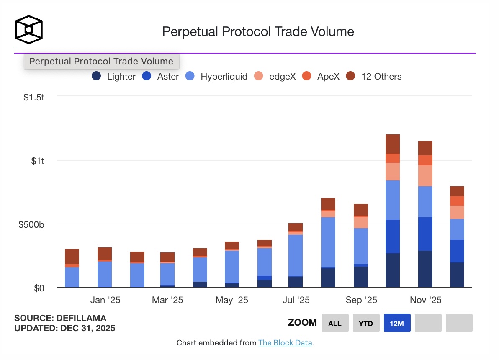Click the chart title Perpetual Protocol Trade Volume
258,31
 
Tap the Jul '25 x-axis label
296,300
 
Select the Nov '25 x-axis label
425,300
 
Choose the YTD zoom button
366,323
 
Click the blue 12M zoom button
397,323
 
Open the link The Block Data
285,343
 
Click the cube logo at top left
28,30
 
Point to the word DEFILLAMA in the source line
82,318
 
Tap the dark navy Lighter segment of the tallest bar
393,270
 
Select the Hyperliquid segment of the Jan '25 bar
105,274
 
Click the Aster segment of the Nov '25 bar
425,234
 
